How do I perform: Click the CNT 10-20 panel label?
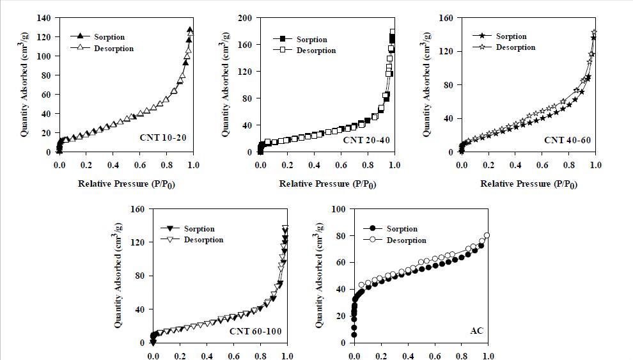coord(162,137)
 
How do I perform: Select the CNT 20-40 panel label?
coord(366,140)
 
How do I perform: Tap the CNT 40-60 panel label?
coord(567,139)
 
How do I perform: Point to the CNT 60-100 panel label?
coord(255,331)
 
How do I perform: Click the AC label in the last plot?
coord(477,331)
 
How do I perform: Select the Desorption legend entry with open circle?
coord(406,240)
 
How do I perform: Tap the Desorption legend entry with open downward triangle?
coord(203,240)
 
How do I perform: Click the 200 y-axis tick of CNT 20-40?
coord(245,18)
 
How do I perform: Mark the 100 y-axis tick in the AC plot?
coord(338,209)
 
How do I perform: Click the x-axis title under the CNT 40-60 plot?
coord(528,184)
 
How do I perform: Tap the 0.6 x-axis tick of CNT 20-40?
coord(341,165)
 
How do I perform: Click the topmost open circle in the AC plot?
coord(487,235)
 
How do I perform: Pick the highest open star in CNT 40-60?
coord(595,32)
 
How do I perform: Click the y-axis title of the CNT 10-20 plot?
coord(24,85)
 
